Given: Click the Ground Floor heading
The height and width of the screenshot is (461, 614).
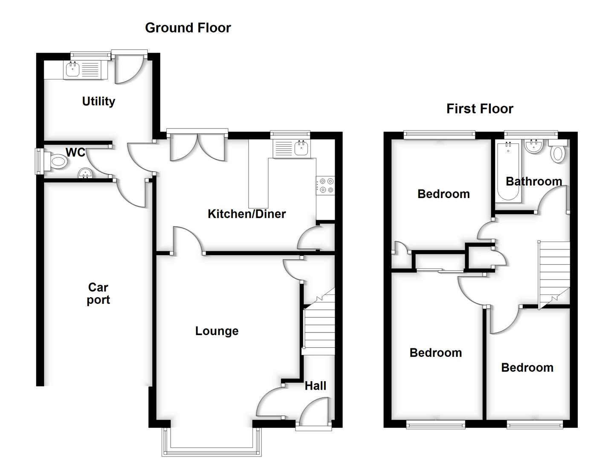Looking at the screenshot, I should click(188, 28).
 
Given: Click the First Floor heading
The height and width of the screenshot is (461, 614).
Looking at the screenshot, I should click(479, 109).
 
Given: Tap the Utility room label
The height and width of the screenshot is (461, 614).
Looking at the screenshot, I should click(98, 101).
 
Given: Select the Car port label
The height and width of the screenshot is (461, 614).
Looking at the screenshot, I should click(98, 294).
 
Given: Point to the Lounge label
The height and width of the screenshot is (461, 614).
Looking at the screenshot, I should click(217, 331).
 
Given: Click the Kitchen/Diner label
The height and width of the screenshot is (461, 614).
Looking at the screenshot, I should click(246, 214).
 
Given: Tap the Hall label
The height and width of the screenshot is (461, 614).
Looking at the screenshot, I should click(315, 386).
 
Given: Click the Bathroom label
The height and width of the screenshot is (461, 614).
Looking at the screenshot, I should click(533, 181).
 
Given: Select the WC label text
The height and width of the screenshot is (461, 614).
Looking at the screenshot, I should click(75, 152).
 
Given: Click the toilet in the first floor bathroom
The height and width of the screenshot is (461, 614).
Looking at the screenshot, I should click(558, 152).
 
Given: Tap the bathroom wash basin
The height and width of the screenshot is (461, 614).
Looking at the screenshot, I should click(533, 146).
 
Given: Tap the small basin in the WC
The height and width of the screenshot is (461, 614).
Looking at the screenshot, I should click(85, 173).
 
